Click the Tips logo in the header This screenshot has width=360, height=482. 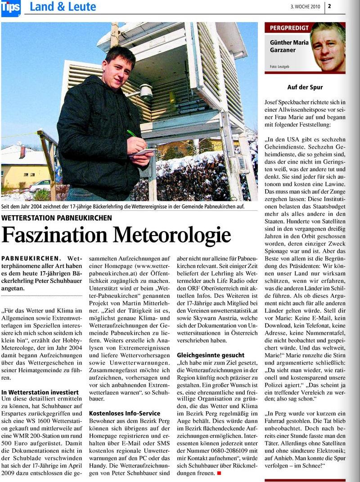10,8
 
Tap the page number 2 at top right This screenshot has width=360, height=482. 329,6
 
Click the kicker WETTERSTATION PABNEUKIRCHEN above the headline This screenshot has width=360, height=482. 57,218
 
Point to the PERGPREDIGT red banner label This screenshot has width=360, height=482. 289,28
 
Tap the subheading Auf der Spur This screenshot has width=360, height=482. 305,87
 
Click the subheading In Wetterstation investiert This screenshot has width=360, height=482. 40,392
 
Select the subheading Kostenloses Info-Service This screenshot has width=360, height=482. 125,413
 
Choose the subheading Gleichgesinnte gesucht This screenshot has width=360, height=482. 211,355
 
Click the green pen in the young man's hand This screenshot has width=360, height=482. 132,134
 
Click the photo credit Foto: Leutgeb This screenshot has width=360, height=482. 280,67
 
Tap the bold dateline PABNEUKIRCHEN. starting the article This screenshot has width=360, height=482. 31,258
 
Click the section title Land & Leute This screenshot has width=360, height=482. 63,7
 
